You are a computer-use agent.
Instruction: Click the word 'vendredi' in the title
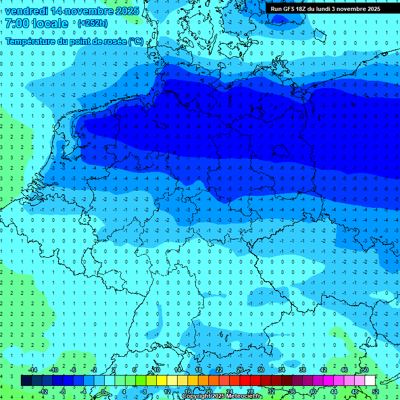[x=26, y=11]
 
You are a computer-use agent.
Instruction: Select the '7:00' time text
[x=16, y=23]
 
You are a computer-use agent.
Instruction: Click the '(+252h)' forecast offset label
[x=92, y=23]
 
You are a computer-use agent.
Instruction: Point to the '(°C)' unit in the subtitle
[x=135, y=41]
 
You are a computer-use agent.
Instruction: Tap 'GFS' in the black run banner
[x=291, y=9]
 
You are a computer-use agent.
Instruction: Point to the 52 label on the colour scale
[x=375, y=391]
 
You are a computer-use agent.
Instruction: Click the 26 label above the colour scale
[x=240, y=370]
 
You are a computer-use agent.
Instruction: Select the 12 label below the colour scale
[x=167, y=391]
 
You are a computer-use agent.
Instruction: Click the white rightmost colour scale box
[x=370, y=380]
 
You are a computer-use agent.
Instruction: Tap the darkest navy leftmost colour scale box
[x=26, y=380]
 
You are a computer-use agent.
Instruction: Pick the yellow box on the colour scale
[x=161, y=380]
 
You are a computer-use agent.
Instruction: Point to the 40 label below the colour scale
[x=313, y=391]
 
